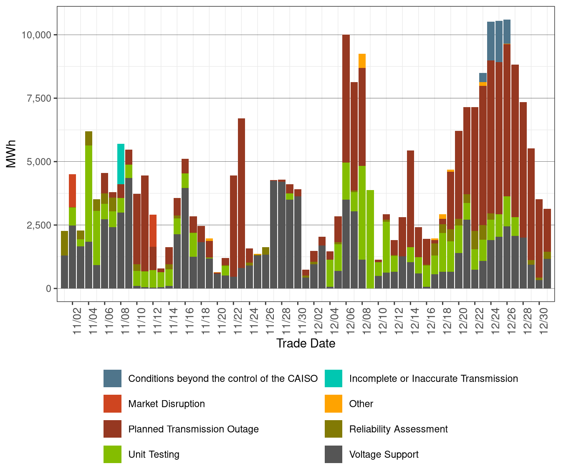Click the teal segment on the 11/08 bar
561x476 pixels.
pos(121,164)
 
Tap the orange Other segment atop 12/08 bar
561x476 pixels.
pos(362,61)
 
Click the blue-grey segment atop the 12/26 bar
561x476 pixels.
pos(507,32)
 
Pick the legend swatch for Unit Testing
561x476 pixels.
pos(113,454)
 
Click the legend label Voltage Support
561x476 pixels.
pos(384,454)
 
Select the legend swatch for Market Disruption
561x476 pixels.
pos(113,403)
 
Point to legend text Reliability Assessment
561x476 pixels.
pos(398,429)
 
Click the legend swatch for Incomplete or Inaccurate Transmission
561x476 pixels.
pos(334,378)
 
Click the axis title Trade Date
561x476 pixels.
pos(306,343)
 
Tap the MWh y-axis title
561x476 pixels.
pos(11,154)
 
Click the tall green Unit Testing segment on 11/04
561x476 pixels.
pos(88,194)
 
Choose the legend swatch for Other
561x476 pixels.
pos(334,403)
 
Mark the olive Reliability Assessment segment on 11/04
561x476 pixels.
pos(88,138)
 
